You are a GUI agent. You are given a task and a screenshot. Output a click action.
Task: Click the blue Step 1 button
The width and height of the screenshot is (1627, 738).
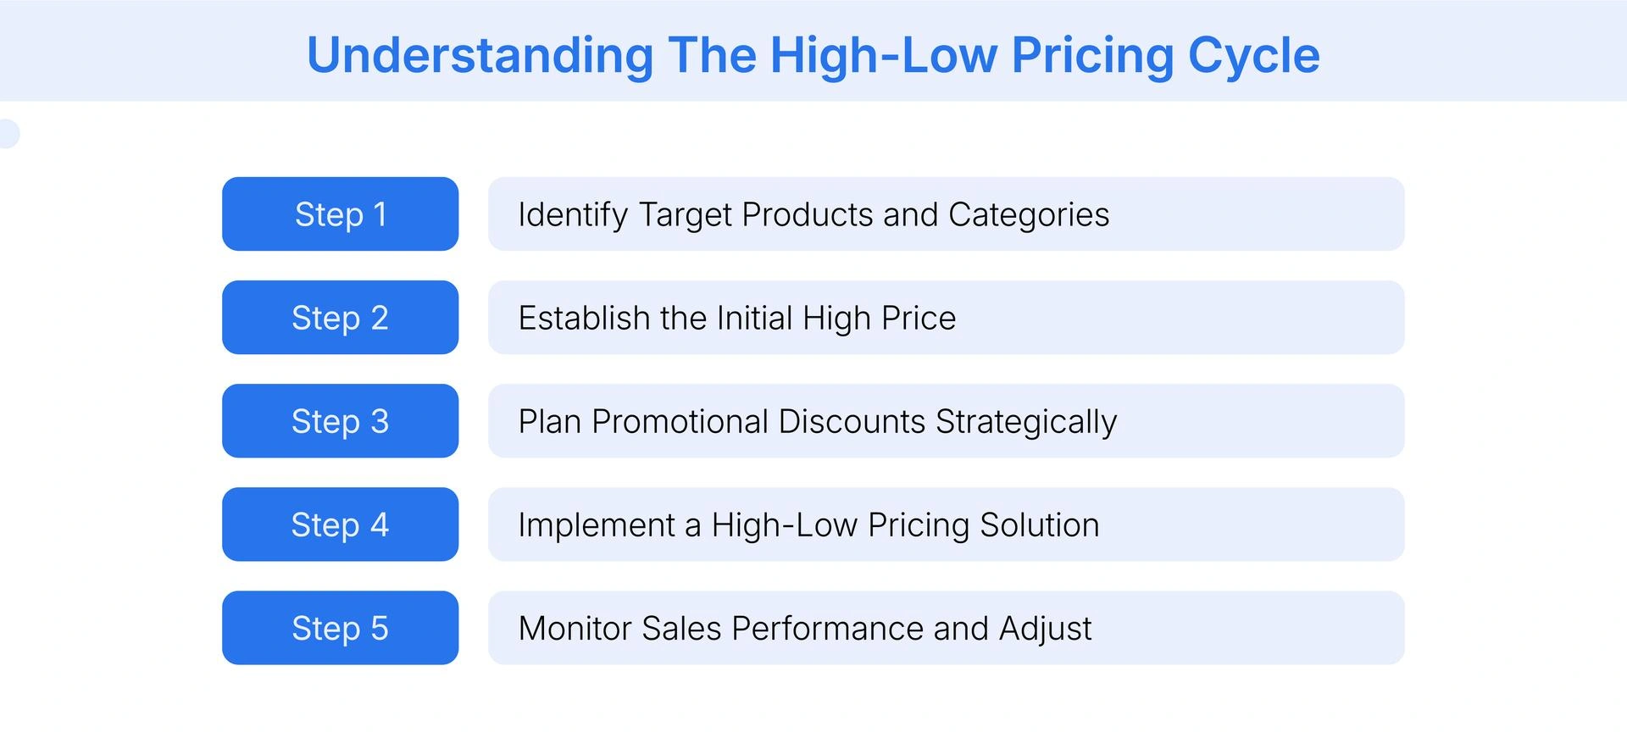340,214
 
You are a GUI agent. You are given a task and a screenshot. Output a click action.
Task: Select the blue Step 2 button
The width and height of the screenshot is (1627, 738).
340,318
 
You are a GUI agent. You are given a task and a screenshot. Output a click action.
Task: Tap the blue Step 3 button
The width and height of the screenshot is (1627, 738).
340,421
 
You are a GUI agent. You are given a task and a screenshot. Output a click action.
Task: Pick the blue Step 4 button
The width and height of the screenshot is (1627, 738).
340,524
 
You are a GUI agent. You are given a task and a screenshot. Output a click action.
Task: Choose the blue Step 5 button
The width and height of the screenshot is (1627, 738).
340,628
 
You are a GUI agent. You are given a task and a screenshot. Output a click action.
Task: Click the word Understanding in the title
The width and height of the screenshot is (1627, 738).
480,56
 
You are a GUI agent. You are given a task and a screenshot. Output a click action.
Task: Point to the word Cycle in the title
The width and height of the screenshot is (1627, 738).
1253,56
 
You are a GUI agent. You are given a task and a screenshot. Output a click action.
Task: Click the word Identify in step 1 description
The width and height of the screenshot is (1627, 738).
573,215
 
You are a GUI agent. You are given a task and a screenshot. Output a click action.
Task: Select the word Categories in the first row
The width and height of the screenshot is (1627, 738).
1028,215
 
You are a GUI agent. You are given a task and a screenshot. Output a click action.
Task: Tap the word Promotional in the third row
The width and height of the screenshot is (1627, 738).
680,422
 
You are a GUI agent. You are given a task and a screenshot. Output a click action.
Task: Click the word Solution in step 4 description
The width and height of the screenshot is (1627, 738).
1039,525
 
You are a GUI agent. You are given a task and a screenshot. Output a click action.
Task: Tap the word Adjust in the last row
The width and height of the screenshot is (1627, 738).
1045,629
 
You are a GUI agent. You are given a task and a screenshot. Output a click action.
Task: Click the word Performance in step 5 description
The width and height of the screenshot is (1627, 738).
826,629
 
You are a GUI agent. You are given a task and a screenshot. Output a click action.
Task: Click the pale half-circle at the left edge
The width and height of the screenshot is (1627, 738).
8,134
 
